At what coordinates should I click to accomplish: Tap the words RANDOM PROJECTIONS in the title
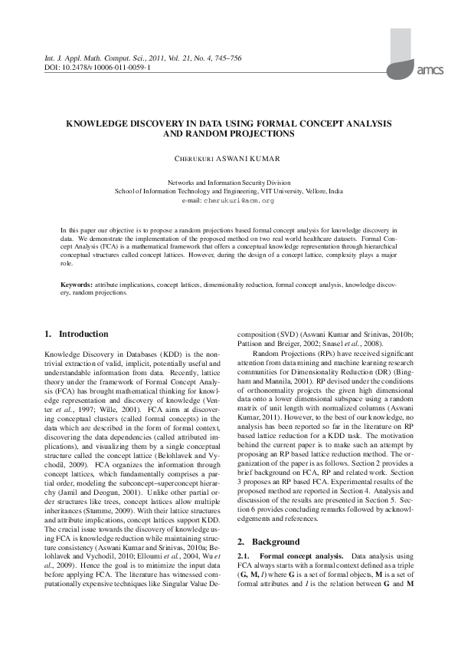click(250, 133)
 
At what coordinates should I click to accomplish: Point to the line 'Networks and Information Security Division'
click(229, 183)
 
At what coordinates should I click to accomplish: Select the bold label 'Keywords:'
click(77, 284)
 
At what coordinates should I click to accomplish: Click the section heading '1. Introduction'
click(77, 335)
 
